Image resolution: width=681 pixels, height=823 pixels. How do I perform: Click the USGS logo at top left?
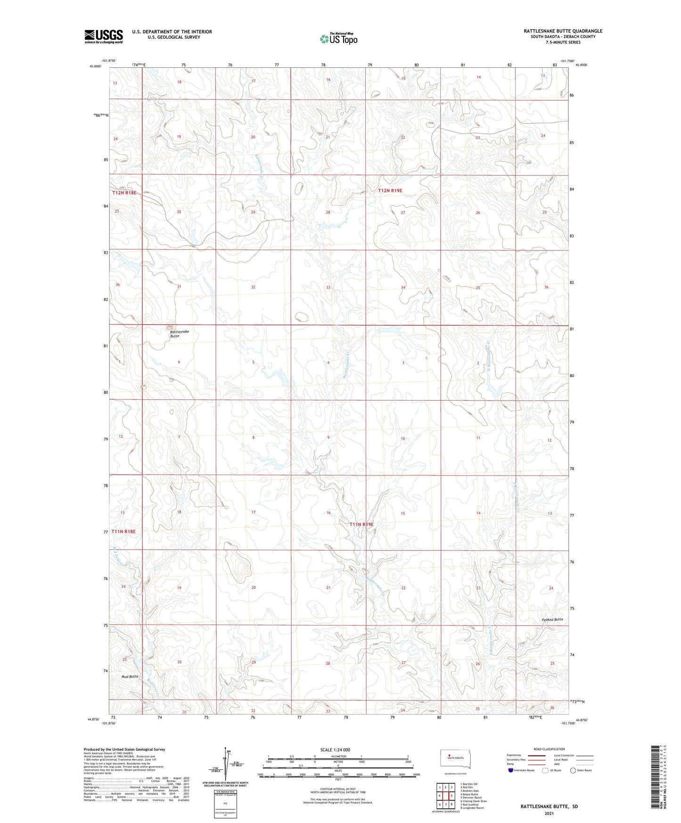click(x=104, y=36)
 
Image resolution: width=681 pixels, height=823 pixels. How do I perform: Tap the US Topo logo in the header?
click(x=338, y=39)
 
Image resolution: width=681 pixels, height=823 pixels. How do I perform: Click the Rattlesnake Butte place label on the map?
click(x=180, y=334)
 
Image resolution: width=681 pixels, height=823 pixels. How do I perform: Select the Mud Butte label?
click(x=130, y=676)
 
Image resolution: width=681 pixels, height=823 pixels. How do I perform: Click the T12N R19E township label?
click(x=390, y=190)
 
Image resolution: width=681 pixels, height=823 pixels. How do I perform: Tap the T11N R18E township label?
click(x=124, y=532)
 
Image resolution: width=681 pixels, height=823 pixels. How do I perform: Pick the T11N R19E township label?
click(x=361, y=524)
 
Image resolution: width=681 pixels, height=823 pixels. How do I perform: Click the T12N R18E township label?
click(x=124, y=193)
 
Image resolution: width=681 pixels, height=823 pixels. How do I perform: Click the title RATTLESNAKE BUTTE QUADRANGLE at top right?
click(x=563, y=31)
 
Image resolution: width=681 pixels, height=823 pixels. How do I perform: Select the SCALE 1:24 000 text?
click(x=335, y=749)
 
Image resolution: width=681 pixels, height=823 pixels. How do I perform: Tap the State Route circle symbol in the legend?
click(x=573, y=770)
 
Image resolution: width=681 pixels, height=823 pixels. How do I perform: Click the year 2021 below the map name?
click(x=549, y=813)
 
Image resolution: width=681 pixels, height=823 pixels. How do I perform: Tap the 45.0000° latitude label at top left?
click(x=96, y=66)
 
